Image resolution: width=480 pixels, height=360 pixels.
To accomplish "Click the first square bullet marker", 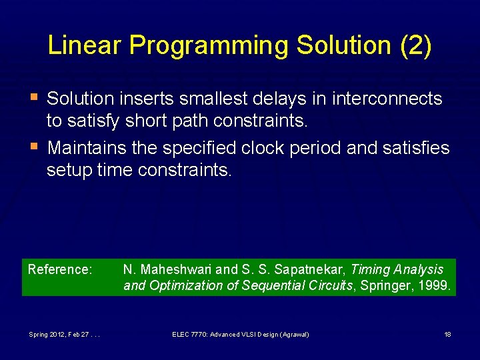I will pos(33,97).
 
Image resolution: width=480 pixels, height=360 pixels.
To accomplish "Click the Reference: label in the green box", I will pos(59,270).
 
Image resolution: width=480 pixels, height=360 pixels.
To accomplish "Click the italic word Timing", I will pos(369,270).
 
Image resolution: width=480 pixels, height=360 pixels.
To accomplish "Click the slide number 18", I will pos(448,334).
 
